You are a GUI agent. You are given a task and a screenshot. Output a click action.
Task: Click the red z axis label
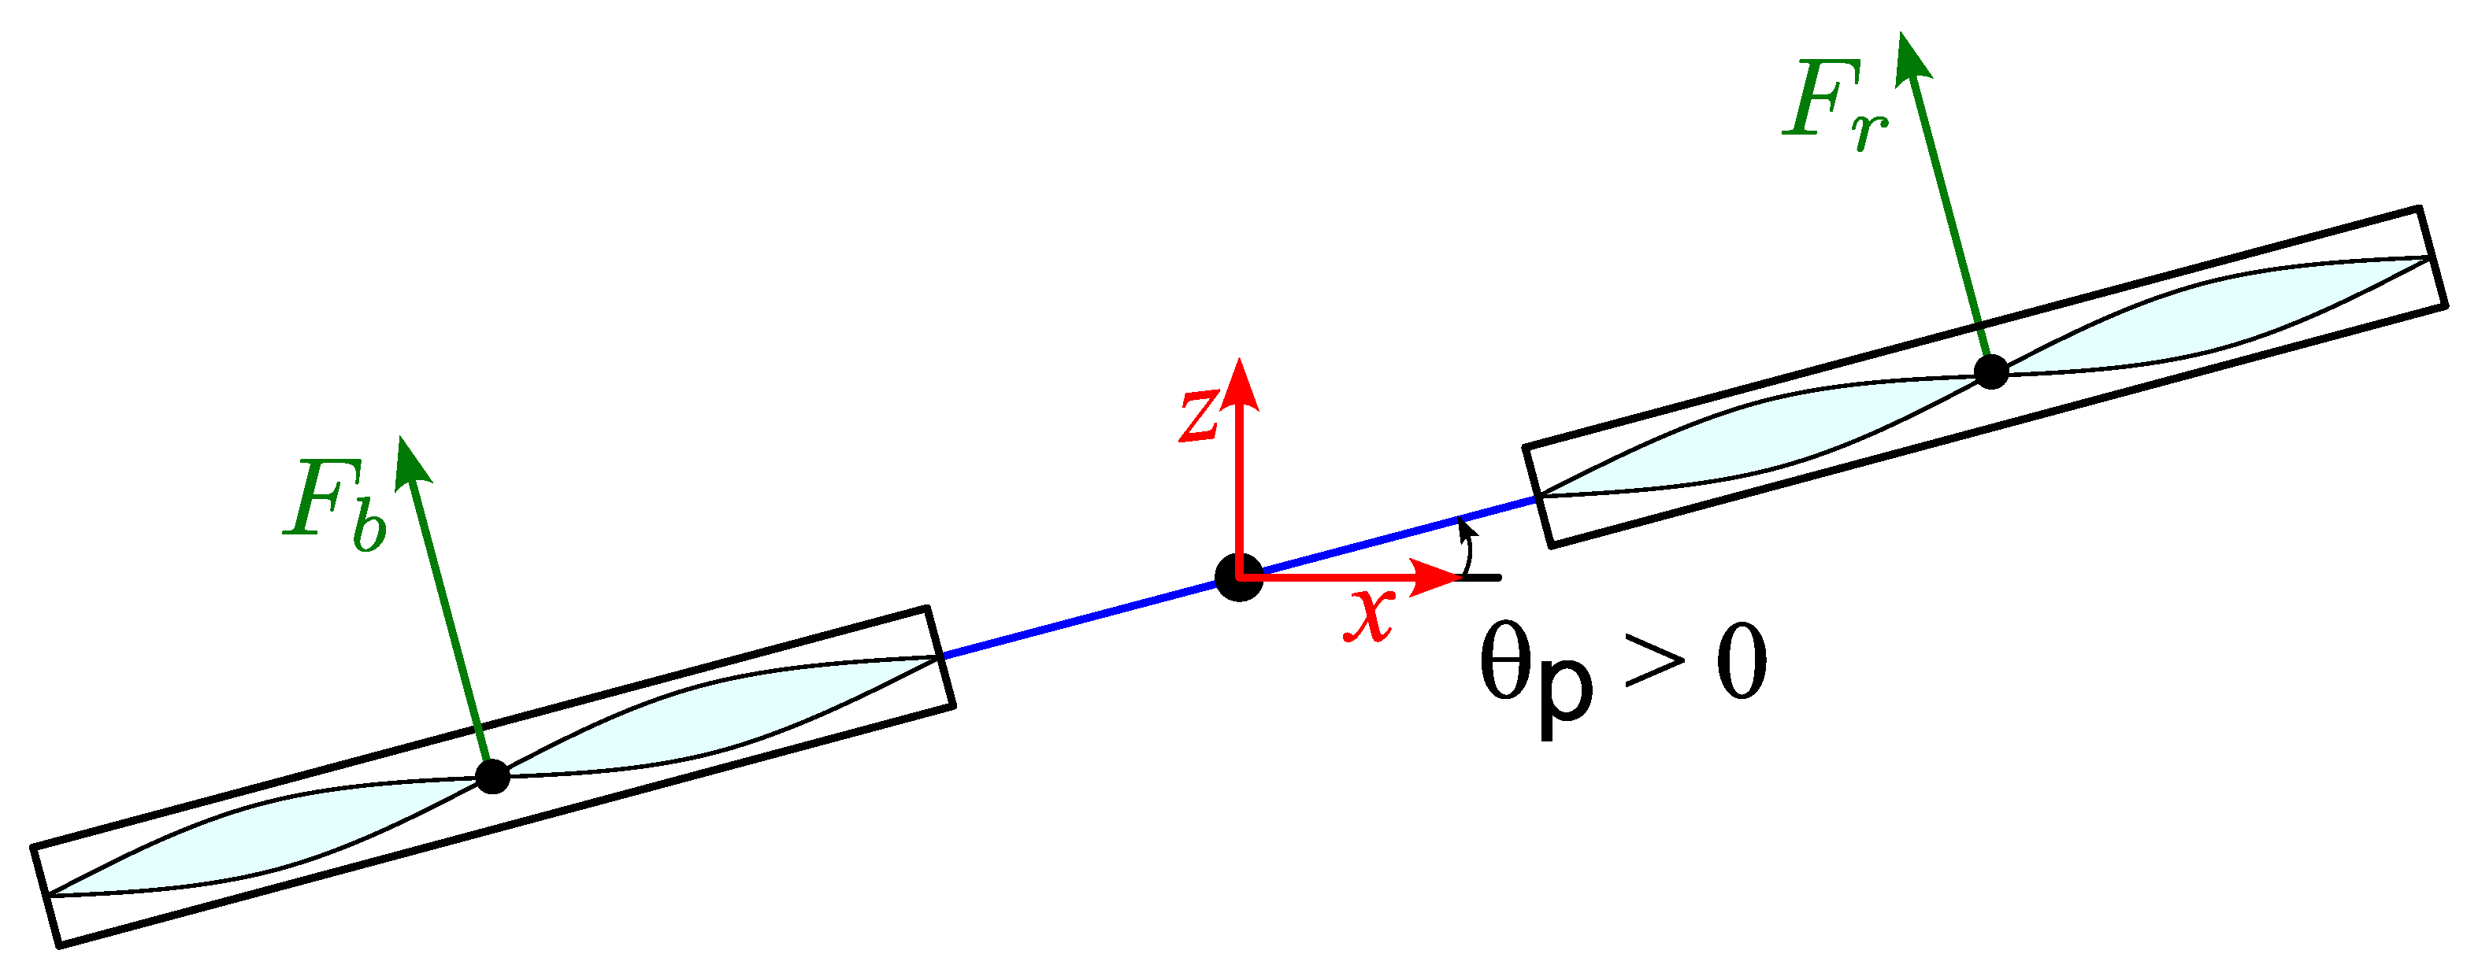click(x=1200, y=416)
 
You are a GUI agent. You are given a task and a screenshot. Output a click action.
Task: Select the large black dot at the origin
click(x=1239, y=577)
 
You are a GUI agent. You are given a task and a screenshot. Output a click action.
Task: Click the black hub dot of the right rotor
click(x=1990, y=372)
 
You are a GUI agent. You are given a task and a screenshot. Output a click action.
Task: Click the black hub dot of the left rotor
click(x=492, y=775)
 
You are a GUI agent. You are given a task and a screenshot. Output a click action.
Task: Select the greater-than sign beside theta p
click(x=1655, y=664)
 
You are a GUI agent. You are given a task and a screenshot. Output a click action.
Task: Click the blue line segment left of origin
click(x=1078, y=621)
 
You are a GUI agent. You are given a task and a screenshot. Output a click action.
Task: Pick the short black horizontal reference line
click(x=1482, y=577)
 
